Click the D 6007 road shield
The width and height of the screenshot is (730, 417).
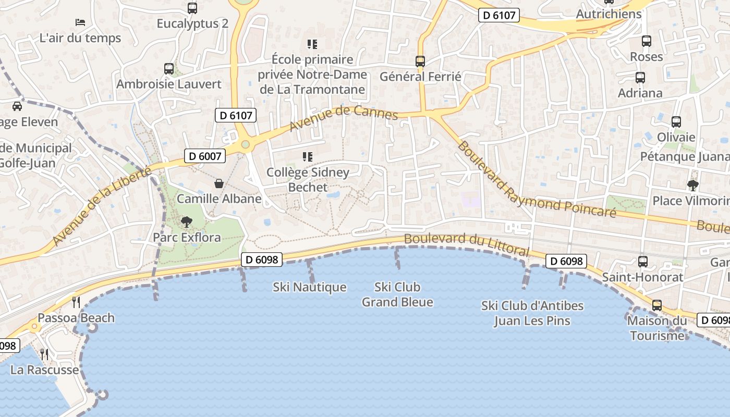(204, 155)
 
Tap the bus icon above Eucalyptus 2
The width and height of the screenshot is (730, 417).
(192, 8)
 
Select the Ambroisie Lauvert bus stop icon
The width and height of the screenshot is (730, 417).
(168, 69)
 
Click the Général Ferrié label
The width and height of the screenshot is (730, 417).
(420, 77)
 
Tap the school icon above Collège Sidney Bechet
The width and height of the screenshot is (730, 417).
(308, 156)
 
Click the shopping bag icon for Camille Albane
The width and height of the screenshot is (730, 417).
(219, 183)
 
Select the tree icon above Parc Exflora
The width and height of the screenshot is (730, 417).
(186, 222)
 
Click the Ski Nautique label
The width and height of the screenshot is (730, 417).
(310, 287)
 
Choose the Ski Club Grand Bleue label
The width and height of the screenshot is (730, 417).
(397, 295)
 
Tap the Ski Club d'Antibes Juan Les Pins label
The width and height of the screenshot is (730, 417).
(532, 313)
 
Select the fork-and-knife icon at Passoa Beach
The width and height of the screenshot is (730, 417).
(76, 302)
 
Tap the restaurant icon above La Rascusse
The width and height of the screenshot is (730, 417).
(45, 354)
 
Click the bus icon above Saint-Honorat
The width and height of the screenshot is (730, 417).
(643, 262)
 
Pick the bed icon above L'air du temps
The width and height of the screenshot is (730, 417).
(80, 22)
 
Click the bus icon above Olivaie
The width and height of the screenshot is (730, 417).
(676, 122)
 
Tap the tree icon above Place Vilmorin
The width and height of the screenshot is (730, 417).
(693, 185)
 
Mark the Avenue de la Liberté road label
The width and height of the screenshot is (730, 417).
(102, 206)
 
